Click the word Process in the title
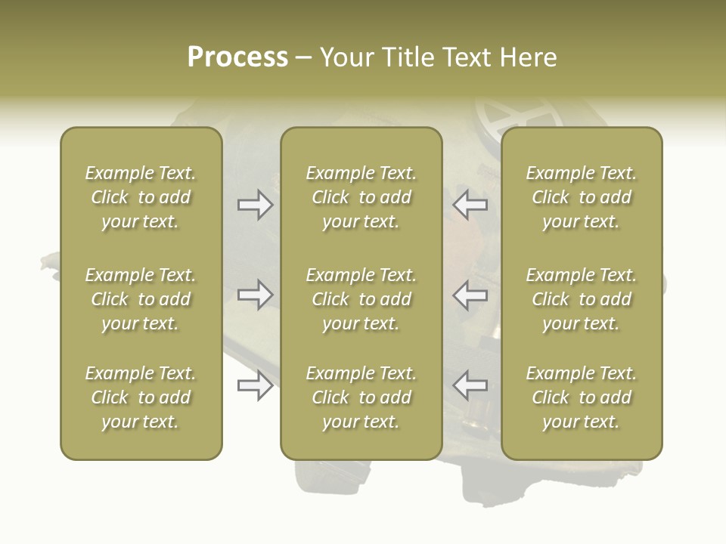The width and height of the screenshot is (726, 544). (237, 57)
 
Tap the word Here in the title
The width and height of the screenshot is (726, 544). (528, 57)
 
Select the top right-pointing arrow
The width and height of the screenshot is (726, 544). (255, 205)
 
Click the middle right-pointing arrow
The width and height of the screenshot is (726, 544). (255, 295)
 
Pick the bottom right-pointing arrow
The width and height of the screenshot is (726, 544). (255, 385)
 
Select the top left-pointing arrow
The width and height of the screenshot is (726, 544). (470, 205)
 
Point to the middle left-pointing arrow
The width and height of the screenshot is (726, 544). (470, 295)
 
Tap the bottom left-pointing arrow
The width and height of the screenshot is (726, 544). (470, 385)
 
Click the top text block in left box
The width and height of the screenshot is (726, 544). (141, 197)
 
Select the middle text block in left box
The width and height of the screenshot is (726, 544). (141, 299)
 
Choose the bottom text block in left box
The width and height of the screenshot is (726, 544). (141, 397)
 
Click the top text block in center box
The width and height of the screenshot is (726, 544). (361, 197)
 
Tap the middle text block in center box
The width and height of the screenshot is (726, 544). (361, 299)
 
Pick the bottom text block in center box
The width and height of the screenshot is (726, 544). (361, 397)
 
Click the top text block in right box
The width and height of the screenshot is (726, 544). (581, 197)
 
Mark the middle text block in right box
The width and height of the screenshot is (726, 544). (581, 299)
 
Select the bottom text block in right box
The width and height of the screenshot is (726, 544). (581, 397)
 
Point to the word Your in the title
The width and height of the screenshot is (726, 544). (345, 57)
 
